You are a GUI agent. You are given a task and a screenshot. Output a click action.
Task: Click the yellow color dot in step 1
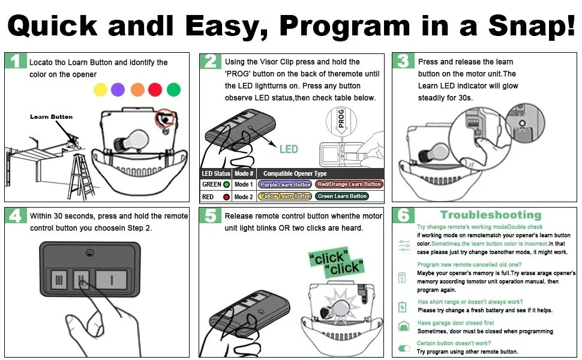(100, 89)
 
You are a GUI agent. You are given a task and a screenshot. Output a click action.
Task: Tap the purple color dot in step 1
(118, 89)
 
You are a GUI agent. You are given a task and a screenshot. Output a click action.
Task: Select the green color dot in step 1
(173, 89)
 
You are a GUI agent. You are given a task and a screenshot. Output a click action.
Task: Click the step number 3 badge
(403, 61)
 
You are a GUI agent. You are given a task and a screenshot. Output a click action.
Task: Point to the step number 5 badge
(209, 215)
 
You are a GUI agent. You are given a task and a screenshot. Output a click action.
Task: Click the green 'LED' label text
(289, 149)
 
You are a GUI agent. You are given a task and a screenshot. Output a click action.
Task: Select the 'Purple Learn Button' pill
(286, 185)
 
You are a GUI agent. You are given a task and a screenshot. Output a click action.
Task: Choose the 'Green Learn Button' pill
(342, 196)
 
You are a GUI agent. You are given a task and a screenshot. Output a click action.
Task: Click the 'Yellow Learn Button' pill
(286, 196)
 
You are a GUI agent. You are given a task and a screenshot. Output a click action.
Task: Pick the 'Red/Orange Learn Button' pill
(349, 185)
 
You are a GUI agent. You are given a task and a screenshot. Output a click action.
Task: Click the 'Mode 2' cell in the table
(244, 197)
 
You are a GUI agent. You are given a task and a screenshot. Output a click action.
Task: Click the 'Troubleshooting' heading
(490, 215)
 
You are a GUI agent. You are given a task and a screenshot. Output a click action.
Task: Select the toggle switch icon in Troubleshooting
(404, 348)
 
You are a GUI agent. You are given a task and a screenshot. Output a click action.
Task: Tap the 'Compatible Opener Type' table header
(295, 173)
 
